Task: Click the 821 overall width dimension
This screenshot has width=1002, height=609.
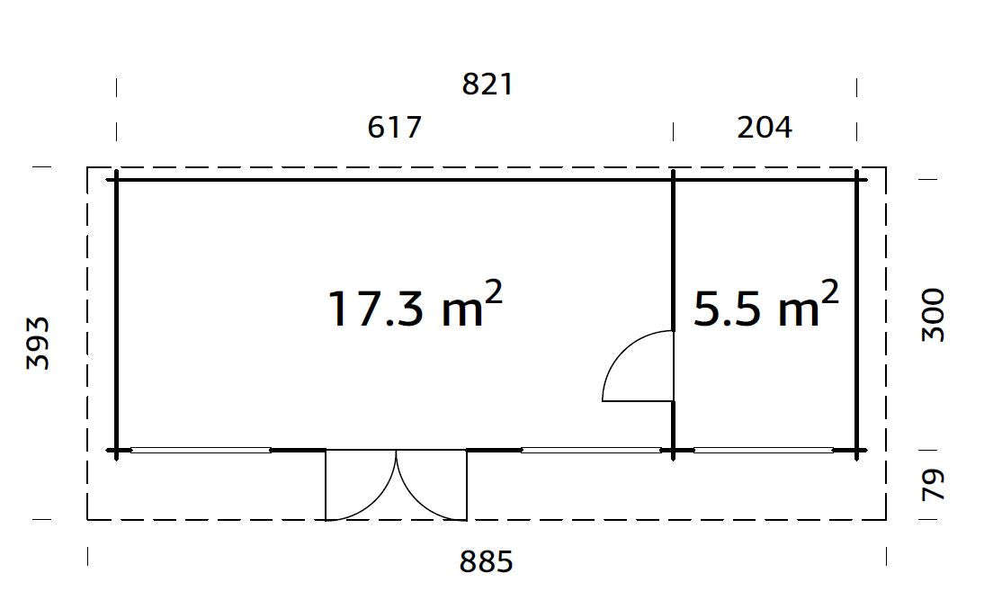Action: point(487,85)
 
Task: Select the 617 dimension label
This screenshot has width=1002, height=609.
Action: point(394,128)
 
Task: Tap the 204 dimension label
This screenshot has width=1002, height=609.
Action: point(765,128)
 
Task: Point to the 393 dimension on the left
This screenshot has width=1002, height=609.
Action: point(38,343)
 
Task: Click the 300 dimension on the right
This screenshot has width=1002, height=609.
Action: point(935,314)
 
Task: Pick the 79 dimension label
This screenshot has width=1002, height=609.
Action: point(935,485)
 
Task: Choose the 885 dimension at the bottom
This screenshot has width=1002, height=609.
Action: point(486,562)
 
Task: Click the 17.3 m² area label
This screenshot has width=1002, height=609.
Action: point(414,308)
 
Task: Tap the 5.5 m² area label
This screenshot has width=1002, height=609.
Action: point(765,308)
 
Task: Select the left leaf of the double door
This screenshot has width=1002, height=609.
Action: point(360,486)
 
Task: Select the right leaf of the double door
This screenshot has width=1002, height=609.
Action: point(432,486)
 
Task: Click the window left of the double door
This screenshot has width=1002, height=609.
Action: point(201,450)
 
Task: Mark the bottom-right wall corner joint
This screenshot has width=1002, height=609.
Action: point(856,450)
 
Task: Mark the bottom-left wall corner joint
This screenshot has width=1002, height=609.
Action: point(116,450)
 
